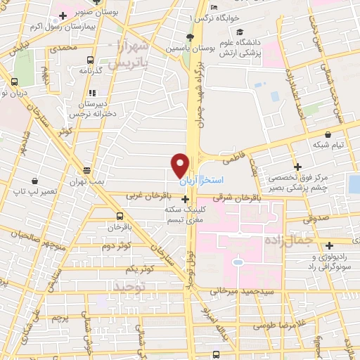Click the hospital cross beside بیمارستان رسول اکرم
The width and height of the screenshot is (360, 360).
tap(63, 15)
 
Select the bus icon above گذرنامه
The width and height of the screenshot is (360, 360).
tap(90, 60)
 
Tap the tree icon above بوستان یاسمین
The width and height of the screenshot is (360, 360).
tap(188, 38)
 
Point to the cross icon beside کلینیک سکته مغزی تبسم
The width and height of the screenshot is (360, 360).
tap(184, 200)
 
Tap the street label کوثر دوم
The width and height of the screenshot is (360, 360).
tap(117, 247)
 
